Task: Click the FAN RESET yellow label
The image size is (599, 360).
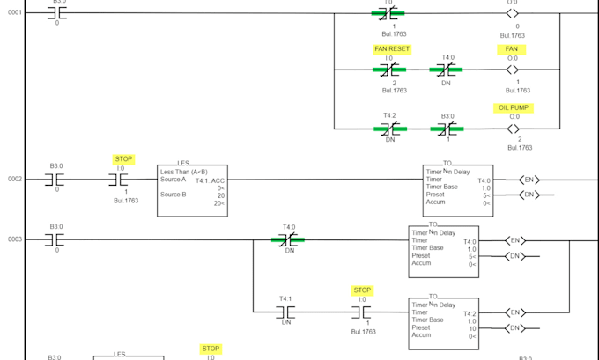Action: click(391, 49)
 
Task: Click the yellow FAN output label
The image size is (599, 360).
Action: click(512, 49)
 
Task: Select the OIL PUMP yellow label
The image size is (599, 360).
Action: click(515, 107)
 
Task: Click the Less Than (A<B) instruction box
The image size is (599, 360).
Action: click(192, 190)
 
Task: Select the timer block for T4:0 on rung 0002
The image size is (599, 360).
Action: click(457, 189)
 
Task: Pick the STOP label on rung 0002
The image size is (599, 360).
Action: click(123, 159)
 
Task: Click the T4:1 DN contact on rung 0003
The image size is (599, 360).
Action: click(285, 312)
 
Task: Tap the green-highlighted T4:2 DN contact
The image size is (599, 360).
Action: click(388, 129)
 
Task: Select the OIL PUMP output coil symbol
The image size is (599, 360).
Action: click(513, 129)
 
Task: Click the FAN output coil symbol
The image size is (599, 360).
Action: click(513, 70)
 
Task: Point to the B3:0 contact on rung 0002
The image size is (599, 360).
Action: click(56, 180)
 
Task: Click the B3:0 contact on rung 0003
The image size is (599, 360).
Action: click(56, 239)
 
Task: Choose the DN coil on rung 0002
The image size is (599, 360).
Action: click(529, 195)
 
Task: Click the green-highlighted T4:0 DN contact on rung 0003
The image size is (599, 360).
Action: click(288, 239)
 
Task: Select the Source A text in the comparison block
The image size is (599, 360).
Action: click(174, 180)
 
